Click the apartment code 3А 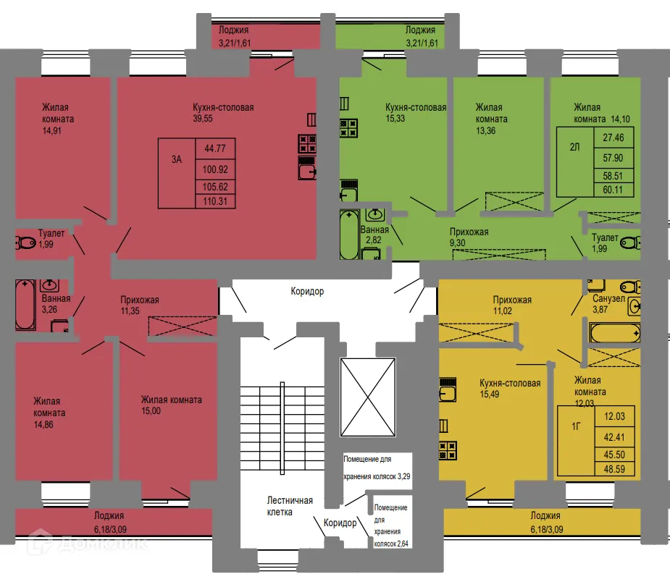pyautogui.click(x=176, y=160)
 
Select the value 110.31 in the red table pyautogui.click(x=216, y=201)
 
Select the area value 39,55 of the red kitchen pyautogui.click(x=204, y=119)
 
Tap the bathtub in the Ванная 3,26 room pyautogui.click(x=25, y=305)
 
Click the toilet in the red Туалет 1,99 pyautogui.click(x=25, y=243)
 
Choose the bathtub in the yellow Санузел pyautogui.click(x=614, y=333)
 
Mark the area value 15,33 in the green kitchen pyautogui.click(x=395, y=119)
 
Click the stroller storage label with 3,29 pyautogui.click(x=377, y=468)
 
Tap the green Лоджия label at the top pyautogui.click(x=420, y=36)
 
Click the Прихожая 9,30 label pyautogui.click(x=469, y=237)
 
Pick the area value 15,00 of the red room pyautogui.click(x=151, y=410)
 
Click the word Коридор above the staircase pyautogui.click(x=307, y=291)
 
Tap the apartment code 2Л pyautogui.click(x=575, y=148)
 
